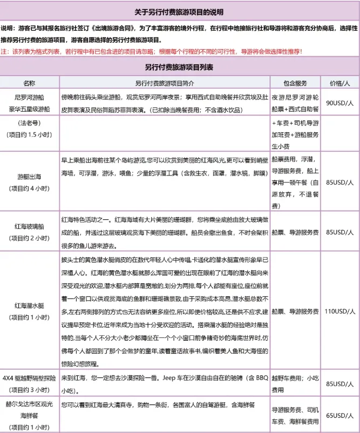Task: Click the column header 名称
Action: tap(29, 83)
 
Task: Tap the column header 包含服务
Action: tap(295, 83)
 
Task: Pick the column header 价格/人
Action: tap(340, 83)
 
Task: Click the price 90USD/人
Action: tap(340, 103)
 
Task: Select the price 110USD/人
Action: tap(340, 312)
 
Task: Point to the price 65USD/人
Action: tap(340, 415)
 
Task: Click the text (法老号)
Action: tap(29, 124)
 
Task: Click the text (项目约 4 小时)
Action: tap(29, 189)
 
